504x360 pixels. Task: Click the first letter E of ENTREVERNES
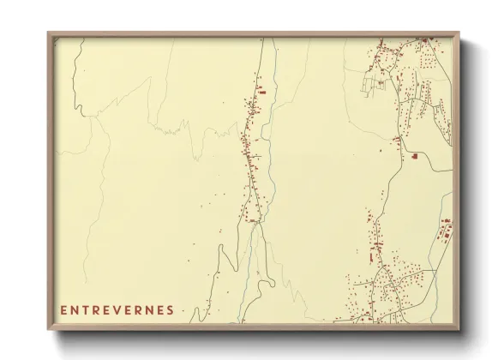coord(64,310)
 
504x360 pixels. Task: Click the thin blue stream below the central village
coord(252,257)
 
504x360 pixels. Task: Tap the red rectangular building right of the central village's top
coord(262,91)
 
